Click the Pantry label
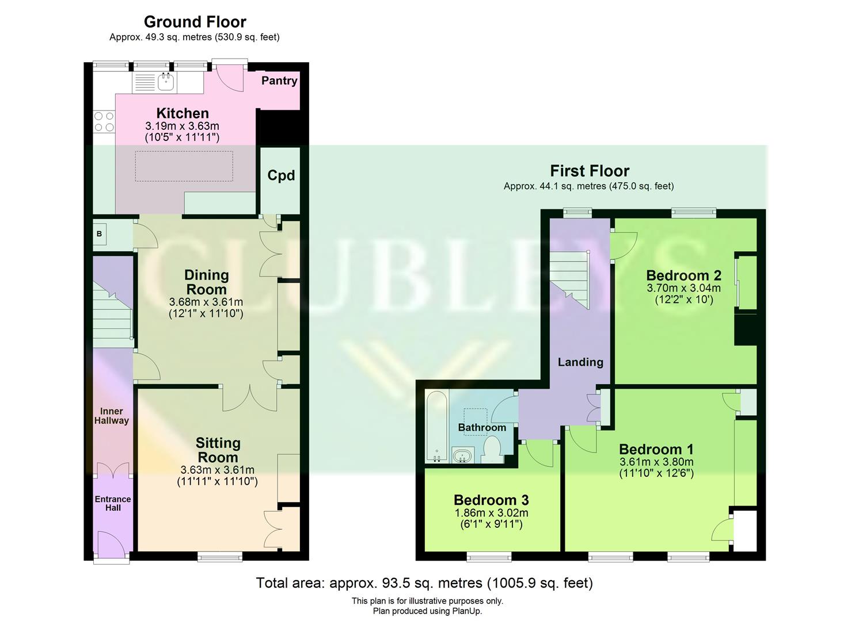pyautogui.click(x=279, y=80)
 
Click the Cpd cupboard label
pyautogui.click(x=281, y=175)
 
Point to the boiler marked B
pyautogui.click(x=100, y=234)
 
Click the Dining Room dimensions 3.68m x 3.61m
pyautogui.click(x=206, y=302)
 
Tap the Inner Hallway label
pyautogui.click(x=112, y=416)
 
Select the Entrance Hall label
pyautogui.click(x=113, y=503)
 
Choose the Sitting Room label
pyautogui.click(x=218, y=450)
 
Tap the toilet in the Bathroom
pyautogui.click(x=491, y=449)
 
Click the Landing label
pyautogui.click(x=580, y=362)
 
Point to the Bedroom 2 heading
pyautogui.click(x=683, y=275)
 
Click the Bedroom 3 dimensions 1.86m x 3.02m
pyautogui.click(x=491, y=513)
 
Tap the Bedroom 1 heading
pyautogui.click(x=656, y=449)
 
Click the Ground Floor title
pyautogui.click(x=195, y=22)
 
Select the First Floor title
pyautogui.click(x=590, y=171)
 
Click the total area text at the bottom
pyautogui.click(x=424, y=583)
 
